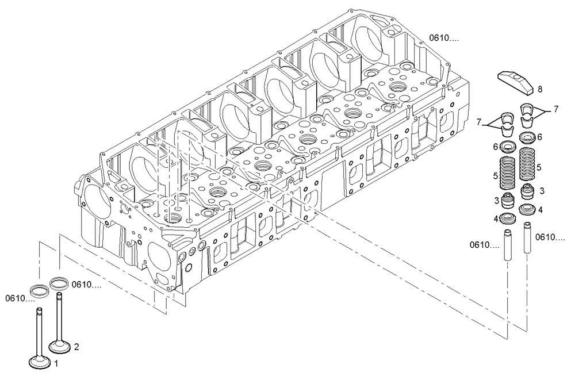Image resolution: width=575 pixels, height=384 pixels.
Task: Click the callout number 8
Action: click(540, 90)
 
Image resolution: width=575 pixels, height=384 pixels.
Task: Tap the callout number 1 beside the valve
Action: click(56, 363)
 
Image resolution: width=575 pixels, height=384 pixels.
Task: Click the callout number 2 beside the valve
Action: click(76, 347)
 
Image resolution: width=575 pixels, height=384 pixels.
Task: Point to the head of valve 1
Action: click(40, 362)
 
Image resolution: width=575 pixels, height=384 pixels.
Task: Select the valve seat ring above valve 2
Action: click(59, 282)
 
